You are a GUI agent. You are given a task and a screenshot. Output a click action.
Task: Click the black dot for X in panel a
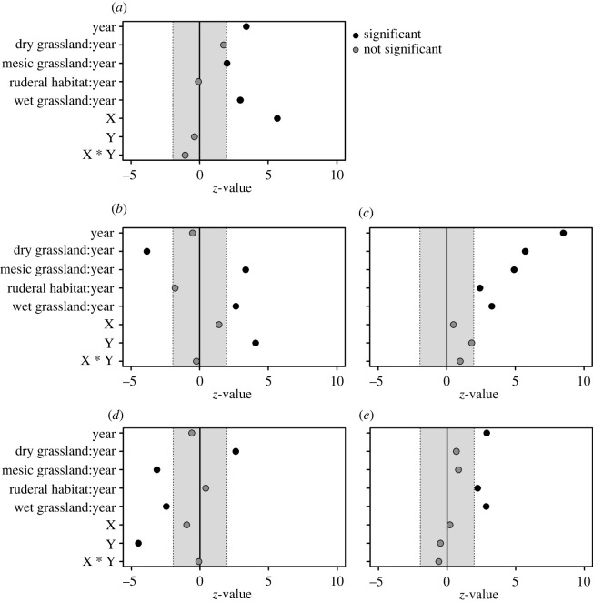tap(277, 118)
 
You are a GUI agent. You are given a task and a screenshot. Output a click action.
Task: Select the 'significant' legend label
tap(396, 34)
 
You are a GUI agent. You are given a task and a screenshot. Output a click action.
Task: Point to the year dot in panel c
tap(563, 233)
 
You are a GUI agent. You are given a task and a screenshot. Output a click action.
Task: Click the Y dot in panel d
tap(138, 543)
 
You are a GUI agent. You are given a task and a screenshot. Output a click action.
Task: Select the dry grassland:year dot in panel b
tap(147, 251)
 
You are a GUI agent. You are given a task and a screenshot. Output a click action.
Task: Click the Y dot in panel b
tap(256, 343)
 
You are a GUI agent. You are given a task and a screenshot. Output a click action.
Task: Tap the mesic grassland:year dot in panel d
tap(157, 470)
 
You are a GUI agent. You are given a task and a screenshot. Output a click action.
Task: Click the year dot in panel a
tap(246, 27)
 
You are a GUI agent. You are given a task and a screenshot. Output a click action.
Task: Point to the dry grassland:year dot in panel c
tap(525, 251)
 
